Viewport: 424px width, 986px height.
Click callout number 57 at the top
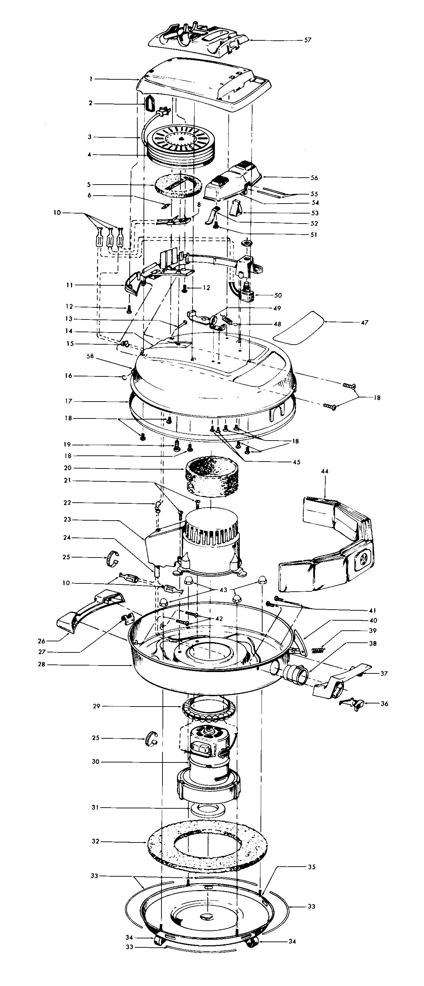pyautogui.click(x=308, y=40)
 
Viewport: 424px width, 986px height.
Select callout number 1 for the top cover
pyautogui.click(x=91, y=79)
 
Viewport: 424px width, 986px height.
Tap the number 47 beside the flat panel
pyautogui.click(x=364, y=323)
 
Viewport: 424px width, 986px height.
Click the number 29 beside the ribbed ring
pyautogui.click(x=97, y=706)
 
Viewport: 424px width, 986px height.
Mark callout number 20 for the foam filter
pyautogui.click(x=68, y=468)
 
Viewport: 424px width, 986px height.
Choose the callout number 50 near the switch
pyautogui.click(x=278, y=295)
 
